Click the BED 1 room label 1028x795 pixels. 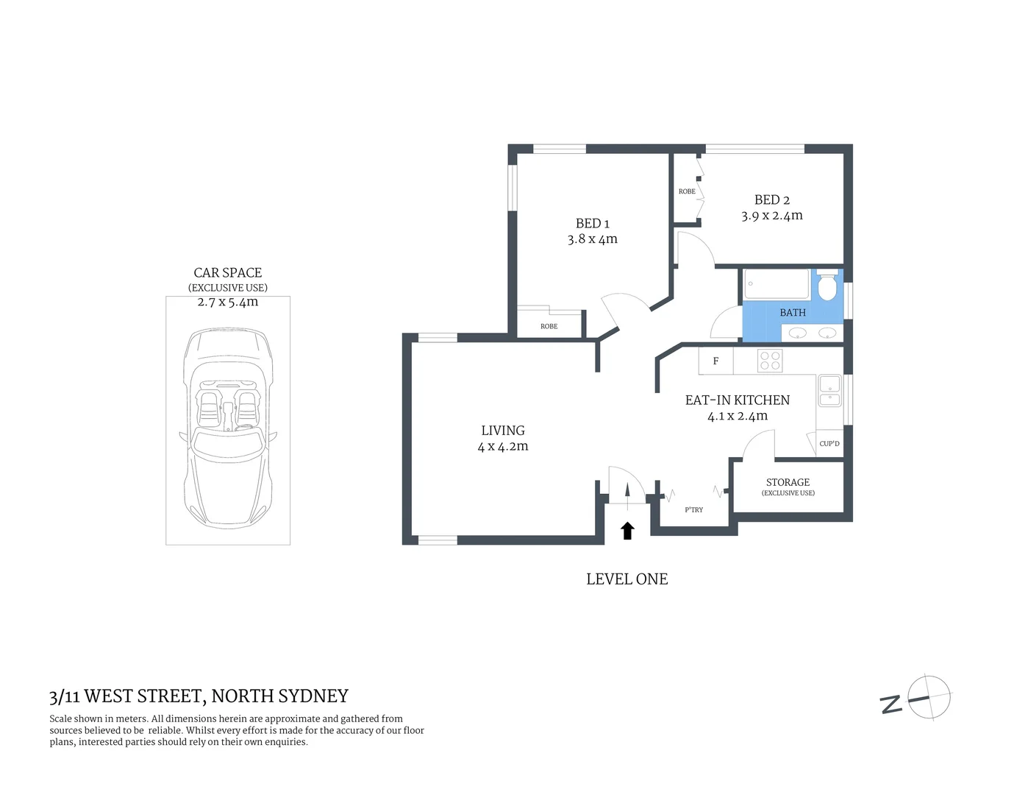(592, 223)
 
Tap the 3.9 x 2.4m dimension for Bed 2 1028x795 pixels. (771, 216)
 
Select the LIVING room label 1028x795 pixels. (503, 431)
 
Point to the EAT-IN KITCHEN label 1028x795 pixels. (737, 400)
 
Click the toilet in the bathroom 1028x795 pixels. (827, 286)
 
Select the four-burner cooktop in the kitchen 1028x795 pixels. (770, 361)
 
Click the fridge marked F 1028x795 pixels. (715, 361)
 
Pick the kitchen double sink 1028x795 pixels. (829, 391)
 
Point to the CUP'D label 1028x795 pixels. (829, 444)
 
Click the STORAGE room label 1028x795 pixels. (788, 482)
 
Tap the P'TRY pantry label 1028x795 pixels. (693, 509)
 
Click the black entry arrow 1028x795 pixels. (627, 531)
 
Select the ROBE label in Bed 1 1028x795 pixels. (549, 326)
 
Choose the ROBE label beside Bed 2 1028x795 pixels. (687, 191)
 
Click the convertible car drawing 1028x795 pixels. (228, 427)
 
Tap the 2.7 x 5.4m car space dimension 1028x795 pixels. (228, 302)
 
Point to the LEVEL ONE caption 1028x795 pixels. (627, 579)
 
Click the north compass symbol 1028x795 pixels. (928, 697)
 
